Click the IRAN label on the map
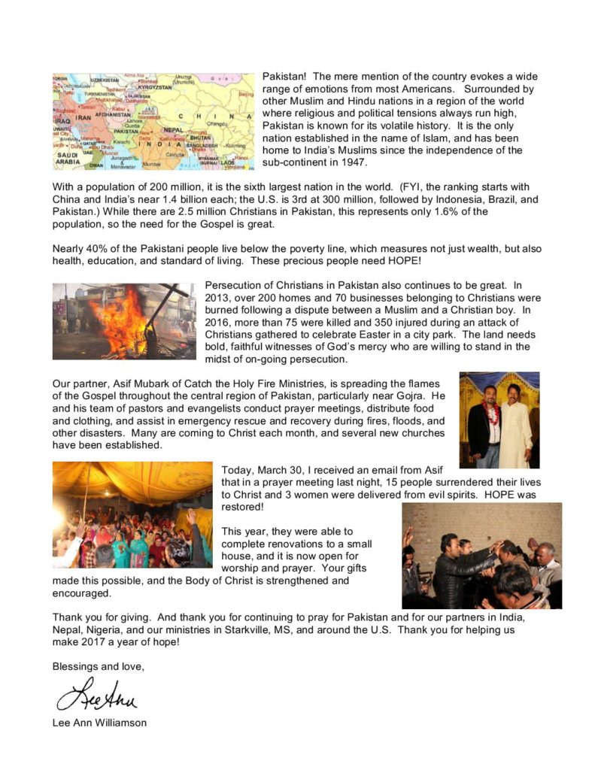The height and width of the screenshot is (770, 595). (83, 117)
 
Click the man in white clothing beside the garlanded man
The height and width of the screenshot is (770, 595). (517, 425)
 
